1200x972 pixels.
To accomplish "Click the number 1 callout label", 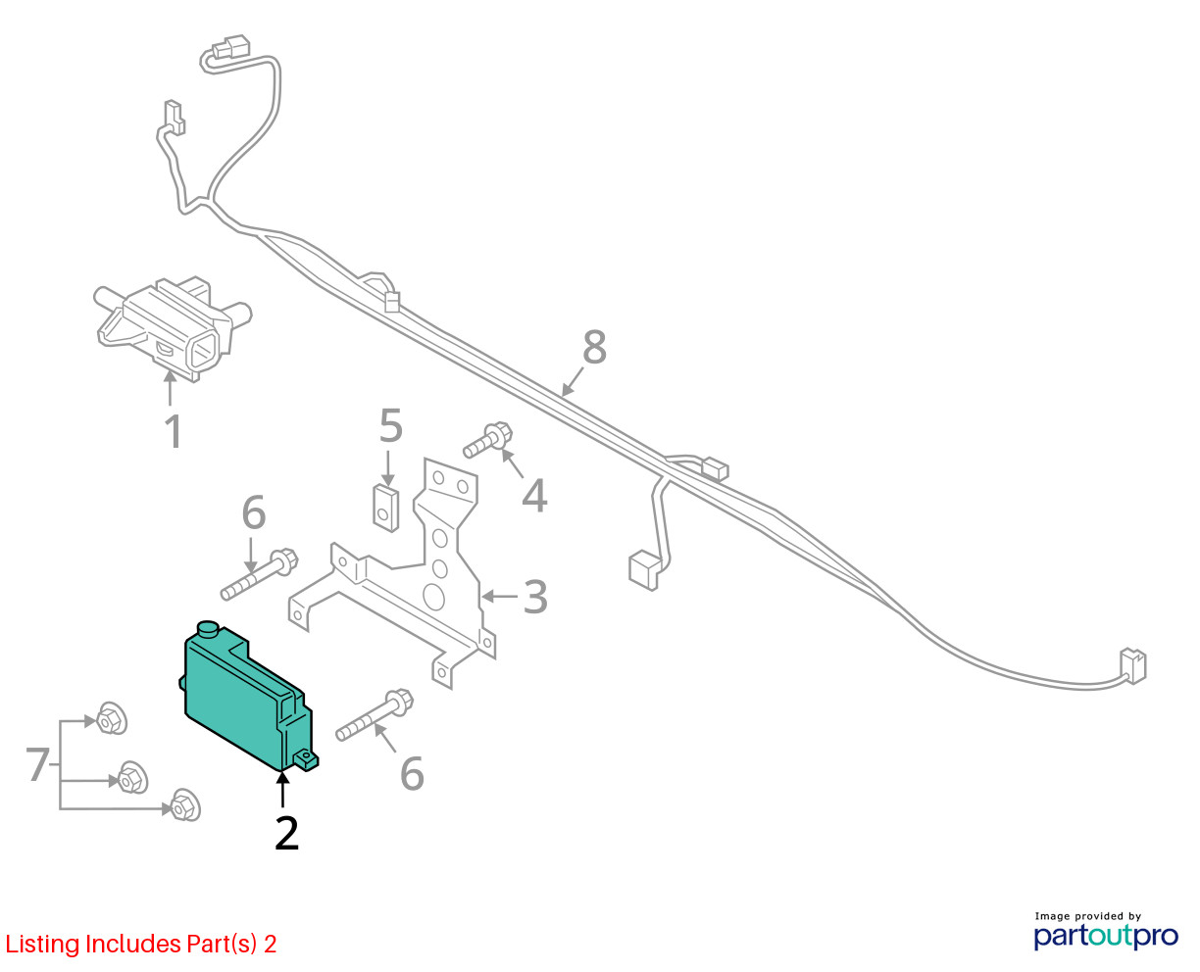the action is (175, 431).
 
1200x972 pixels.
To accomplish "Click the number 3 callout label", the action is (534, 597).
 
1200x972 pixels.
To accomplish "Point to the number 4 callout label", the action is (534, 496).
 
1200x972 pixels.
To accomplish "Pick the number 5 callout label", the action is (391, 426).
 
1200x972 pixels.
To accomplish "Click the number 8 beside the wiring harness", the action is (594, 347).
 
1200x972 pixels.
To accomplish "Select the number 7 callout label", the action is (38, 764).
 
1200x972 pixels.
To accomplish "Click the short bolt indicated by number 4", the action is (487, 440).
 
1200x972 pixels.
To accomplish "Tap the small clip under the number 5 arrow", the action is (386, 508).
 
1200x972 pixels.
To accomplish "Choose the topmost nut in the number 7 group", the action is (112, 718).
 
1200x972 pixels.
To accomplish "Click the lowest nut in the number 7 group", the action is (185, 804).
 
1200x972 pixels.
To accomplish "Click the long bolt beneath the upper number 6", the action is (259, 574).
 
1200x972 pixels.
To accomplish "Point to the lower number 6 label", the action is (411, 774).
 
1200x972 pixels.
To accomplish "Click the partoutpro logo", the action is (1105, 937).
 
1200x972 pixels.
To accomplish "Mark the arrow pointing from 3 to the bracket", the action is (500, 596).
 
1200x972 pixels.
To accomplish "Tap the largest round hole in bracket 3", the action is (433, 597).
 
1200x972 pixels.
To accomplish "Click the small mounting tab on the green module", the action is (307, 760).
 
